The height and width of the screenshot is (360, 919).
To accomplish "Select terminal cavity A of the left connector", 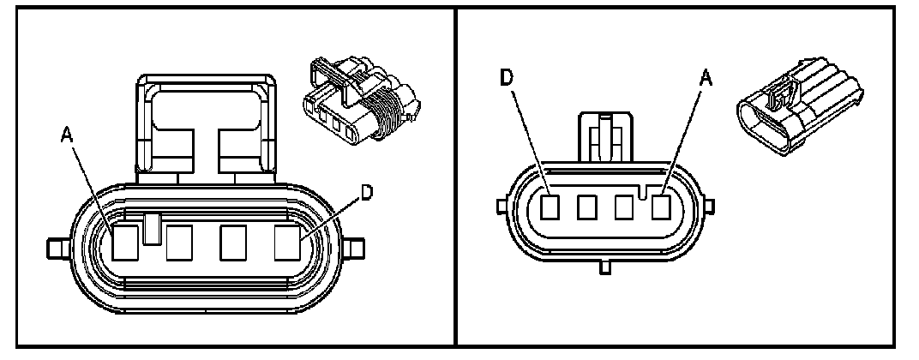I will coord(126,243).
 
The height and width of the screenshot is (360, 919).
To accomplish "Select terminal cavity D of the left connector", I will coord(287,243).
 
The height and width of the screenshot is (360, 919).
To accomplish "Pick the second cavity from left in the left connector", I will coord(179,243).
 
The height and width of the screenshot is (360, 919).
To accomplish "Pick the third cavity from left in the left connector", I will coord(234,243).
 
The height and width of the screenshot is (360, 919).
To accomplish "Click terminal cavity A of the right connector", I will coord(661,207).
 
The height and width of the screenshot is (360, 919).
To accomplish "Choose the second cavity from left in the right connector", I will coord(587,207).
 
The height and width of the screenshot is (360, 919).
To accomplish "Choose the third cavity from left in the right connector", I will coord(624,207).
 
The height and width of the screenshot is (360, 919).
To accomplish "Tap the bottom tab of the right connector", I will coord(604,268).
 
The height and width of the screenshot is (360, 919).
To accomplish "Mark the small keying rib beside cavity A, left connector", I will coord(152,228).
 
